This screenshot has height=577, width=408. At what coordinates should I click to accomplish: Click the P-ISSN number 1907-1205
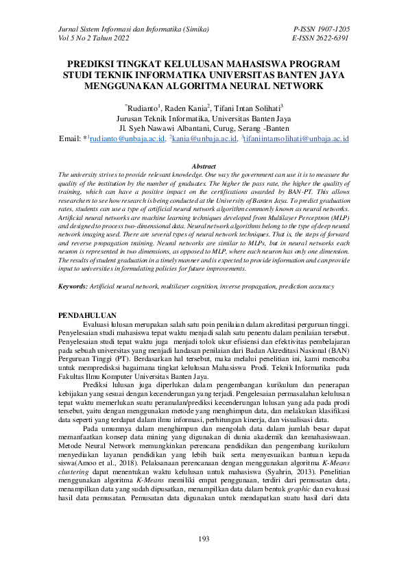pyautogui.click(x=331, y=30)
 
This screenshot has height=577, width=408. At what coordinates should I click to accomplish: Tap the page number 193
pyautogui.click(x=204, y=540)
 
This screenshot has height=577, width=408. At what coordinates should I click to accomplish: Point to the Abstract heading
pyautogui.click(x=204, y=167)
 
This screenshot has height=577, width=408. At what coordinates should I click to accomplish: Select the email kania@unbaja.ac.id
pyautogui.click(x=203, y=138)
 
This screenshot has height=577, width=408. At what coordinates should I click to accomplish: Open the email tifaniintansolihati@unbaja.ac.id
pyautogui.click(x=296, y=138)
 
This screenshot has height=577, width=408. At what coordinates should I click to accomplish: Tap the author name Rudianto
pyautogui.click(x=141, y=108)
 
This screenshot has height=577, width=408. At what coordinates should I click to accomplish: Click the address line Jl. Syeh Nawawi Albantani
pyautogui.click(x=204, y=127)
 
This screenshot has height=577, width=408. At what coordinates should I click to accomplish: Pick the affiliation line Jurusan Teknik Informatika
pyautogui.click(x=204, y=118)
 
